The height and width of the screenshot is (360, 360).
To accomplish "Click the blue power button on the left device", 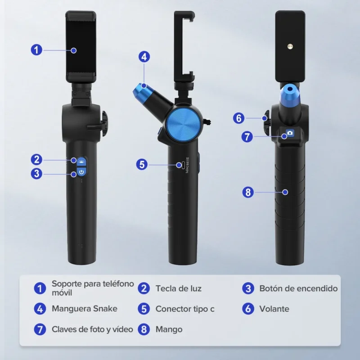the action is [81, 171].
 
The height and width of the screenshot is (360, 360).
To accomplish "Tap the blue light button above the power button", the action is [81, 162].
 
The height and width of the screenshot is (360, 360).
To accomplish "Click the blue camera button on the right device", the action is [290, 133].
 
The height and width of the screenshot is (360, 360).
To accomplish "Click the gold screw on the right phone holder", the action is [290, 47].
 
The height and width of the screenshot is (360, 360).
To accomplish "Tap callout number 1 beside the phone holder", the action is [36, 50].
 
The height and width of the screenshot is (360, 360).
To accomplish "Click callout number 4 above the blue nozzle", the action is [144, 57].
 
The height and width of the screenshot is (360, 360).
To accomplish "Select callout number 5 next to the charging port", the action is [142, 165].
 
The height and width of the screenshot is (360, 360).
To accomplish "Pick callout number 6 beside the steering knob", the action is [239, 118].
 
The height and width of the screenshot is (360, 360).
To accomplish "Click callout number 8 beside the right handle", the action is [248, 192].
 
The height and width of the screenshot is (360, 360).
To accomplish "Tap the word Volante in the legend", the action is [274, 309].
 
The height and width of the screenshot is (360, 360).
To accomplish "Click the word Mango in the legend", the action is [169, 329].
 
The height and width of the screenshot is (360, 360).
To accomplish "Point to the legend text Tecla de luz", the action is [178, 288].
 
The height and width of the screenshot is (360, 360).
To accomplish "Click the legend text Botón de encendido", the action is [298, 288].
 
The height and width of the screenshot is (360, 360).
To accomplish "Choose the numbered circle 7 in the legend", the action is [40, 329].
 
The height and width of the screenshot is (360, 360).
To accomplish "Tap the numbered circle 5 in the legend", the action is [144, 309].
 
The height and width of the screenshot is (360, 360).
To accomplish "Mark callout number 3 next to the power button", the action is [36, 174].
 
